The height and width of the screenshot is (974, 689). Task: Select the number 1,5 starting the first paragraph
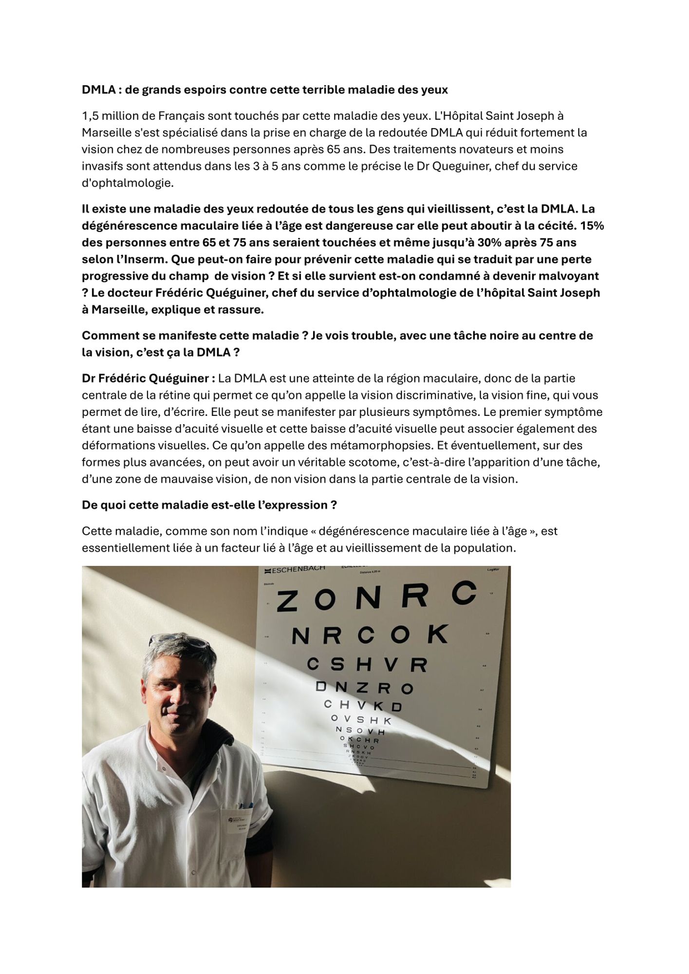point(91,116)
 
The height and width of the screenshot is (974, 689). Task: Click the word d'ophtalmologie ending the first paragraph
point(127,183)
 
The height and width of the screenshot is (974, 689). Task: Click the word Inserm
point(145,260)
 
